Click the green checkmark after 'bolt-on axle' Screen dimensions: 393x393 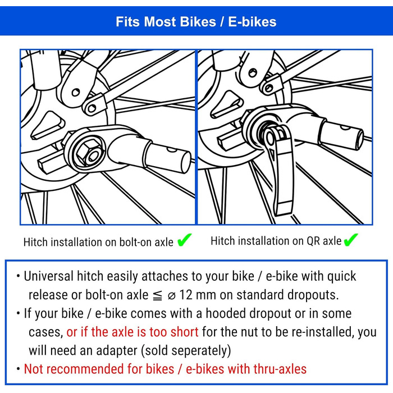pos(185,240)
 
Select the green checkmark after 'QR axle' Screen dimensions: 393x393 pos(351,240)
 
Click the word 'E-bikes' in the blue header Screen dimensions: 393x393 pos(252,21)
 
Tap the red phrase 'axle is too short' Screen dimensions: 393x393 pos(155,332)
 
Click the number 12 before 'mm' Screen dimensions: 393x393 pos(186,295)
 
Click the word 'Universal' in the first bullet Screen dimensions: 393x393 pos(49,276)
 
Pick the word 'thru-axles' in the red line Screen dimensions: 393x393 pos(280,369)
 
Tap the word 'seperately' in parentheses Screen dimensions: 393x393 pos(186,351)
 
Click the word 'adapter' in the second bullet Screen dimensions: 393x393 pos(117,351)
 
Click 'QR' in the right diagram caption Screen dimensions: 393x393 pos(313,241)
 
